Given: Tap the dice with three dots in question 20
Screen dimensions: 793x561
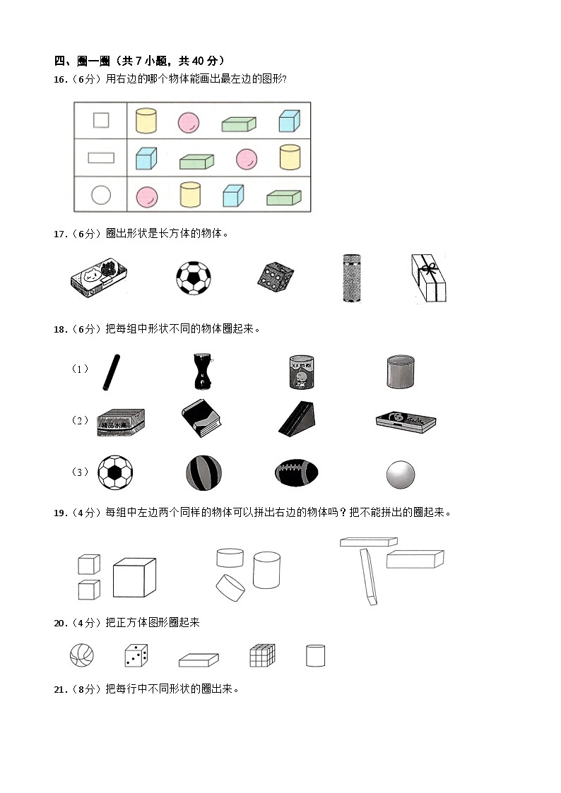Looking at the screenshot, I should point(136,655).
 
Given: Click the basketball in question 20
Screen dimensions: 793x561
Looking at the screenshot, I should point(82,655).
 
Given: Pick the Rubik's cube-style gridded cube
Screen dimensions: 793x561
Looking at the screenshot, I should point(261,655).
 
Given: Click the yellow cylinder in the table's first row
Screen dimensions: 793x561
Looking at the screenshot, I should point(146,121).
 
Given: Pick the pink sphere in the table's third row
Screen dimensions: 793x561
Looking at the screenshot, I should point(146,196).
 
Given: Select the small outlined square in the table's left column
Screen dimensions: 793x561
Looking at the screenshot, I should point(101,121).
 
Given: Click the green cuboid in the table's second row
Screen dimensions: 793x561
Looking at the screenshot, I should point(196,162).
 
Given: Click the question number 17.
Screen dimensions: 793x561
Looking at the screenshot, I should point(61,234).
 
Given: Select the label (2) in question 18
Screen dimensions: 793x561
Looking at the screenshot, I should point(81,420).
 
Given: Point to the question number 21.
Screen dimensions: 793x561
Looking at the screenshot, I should point(61,689).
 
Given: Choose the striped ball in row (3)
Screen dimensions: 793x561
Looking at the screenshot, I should point(203,472).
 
